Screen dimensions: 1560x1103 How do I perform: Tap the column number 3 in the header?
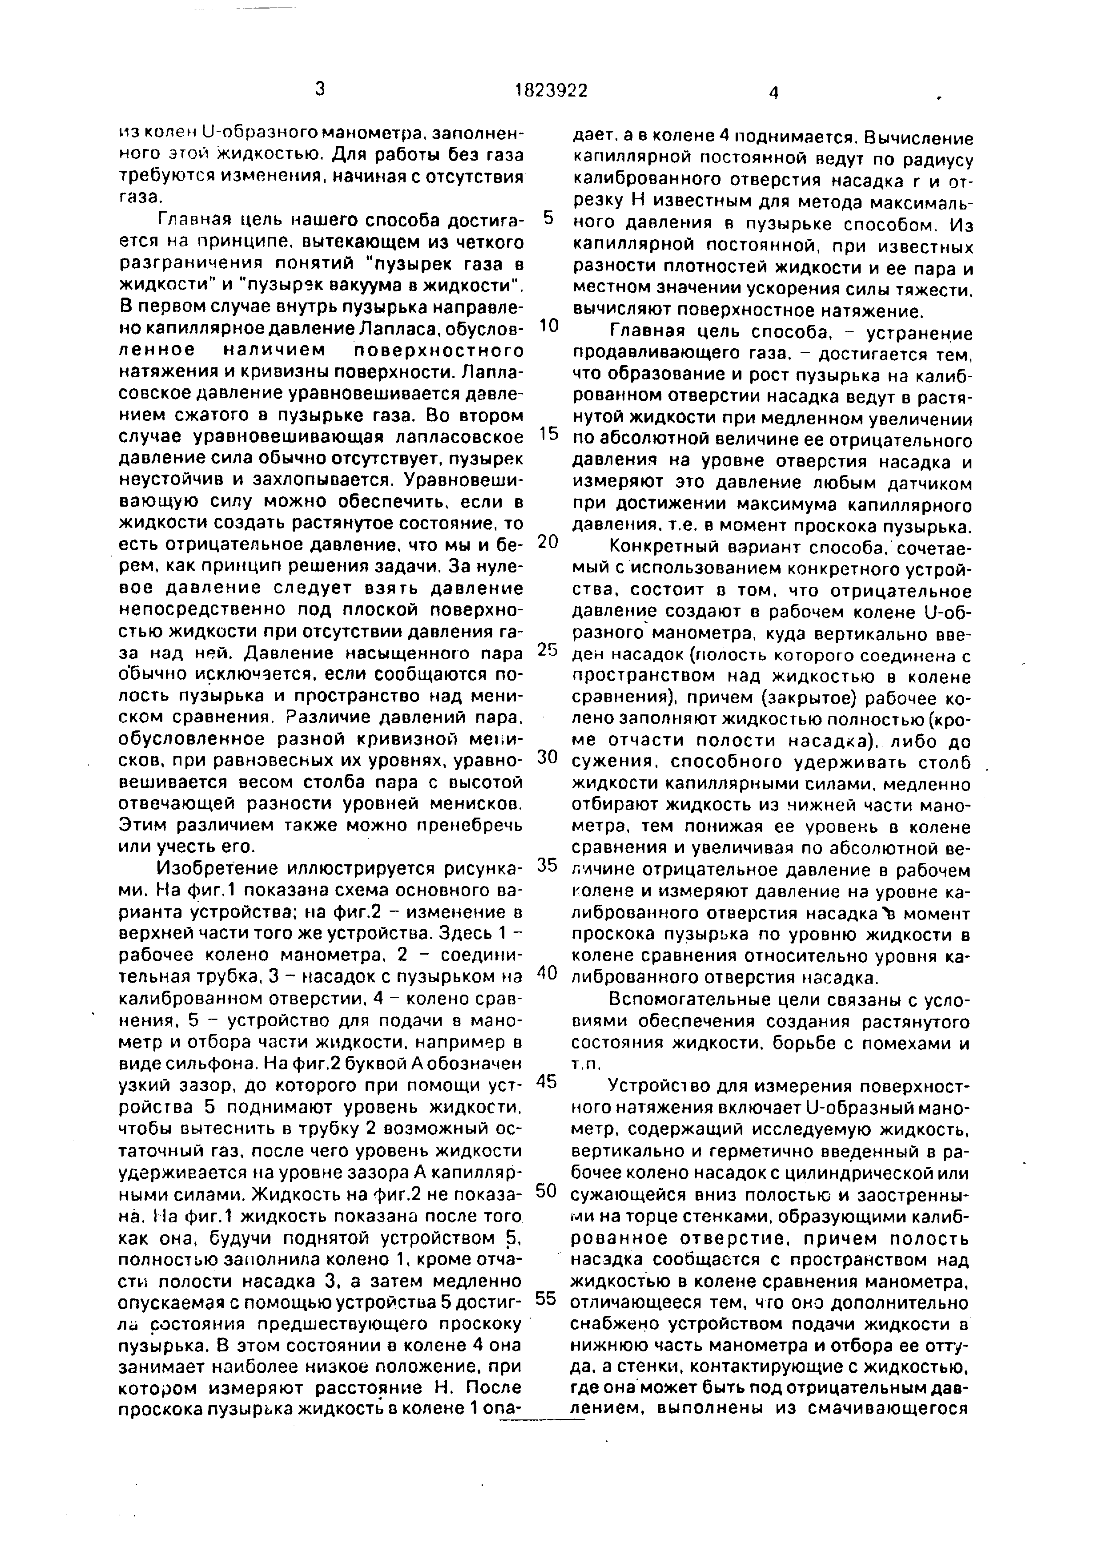click(320, 89)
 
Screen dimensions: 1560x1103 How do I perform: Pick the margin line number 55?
click(547, 1298)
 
